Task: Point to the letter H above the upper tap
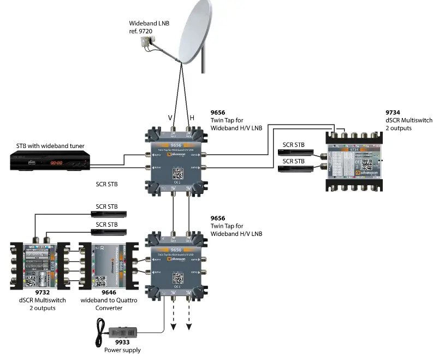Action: pyautogui.click(x=192, y=117)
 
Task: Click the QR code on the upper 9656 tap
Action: pyautogui.click(x=178, y=174)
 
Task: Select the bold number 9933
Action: pyautogui.click(x=122, y=343)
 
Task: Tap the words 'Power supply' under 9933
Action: pyautogui.click(x=122, y=350)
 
